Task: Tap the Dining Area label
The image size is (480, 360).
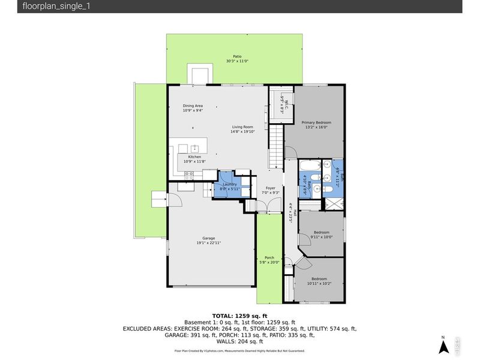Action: (x=193, y=106)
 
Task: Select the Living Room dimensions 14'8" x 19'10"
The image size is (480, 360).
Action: (x=242, y=131)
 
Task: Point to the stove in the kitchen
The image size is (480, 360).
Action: (x=190, y=176)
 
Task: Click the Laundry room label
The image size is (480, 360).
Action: (x=230, y=184)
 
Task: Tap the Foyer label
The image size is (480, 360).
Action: (x=270, y=188)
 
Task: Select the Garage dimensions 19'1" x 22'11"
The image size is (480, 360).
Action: (x=209, y=242)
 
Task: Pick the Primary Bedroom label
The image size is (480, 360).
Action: (x=316, y=122)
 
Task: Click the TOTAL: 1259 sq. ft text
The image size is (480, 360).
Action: (x=239, y=315)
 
